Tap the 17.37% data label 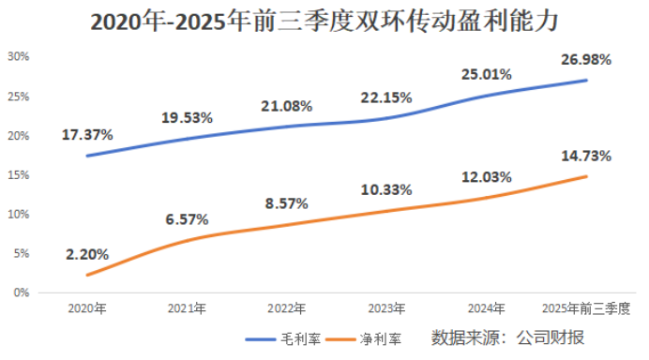click(87, 134)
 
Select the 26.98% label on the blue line click(586, 59)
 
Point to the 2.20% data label click(87, 253)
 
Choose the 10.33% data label click(386, 190)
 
